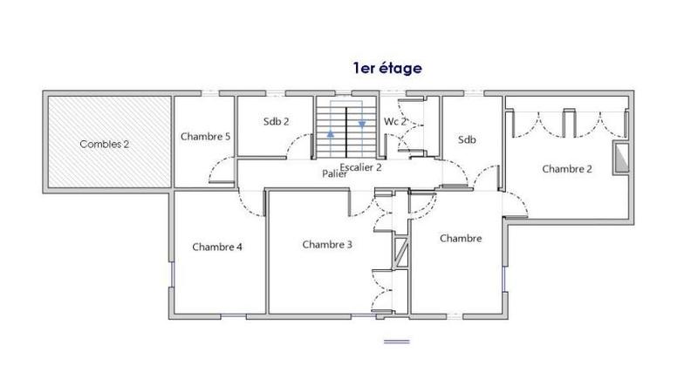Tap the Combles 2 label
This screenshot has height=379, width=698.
pos(105,144)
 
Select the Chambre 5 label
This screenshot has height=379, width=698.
pos(205,137)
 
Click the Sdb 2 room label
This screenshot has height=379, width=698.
pos(276,122)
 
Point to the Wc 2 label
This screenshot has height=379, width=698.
pos(395,122)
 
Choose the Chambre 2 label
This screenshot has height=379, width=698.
pos(567,169)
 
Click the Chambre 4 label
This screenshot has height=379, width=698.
pos(217,247)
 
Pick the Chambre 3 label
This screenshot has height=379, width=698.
pos(327,245)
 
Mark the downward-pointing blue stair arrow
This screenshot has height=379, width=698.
pos(361,124)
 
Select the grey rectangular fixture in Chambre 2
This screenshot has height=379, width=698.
pos(620,157)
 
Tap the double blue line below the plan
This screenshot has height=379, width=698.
pos(396,340)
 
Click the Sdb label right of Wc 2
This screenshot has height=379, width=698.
pos(467,139)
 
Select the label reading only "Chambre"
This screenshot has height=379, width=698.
pos(461,239)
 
